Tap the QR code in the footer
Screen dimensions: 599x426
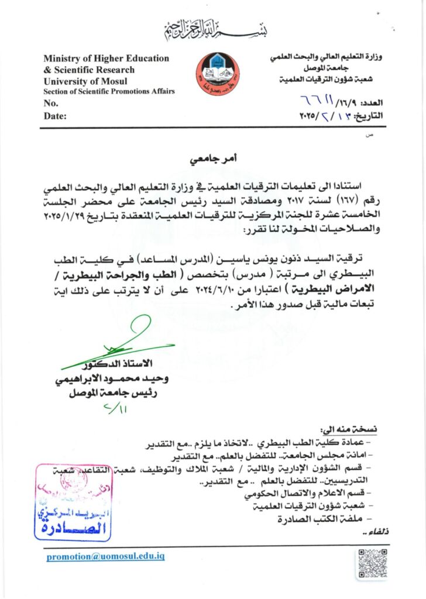372,564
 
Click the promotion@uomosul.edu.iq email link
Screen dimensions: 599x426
105,556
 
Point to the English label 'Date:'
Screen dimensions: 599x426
55,116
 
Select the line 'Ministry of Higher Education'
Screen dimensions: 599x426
106,58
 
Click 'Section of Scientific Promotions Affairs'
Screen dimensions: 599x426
109,92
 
